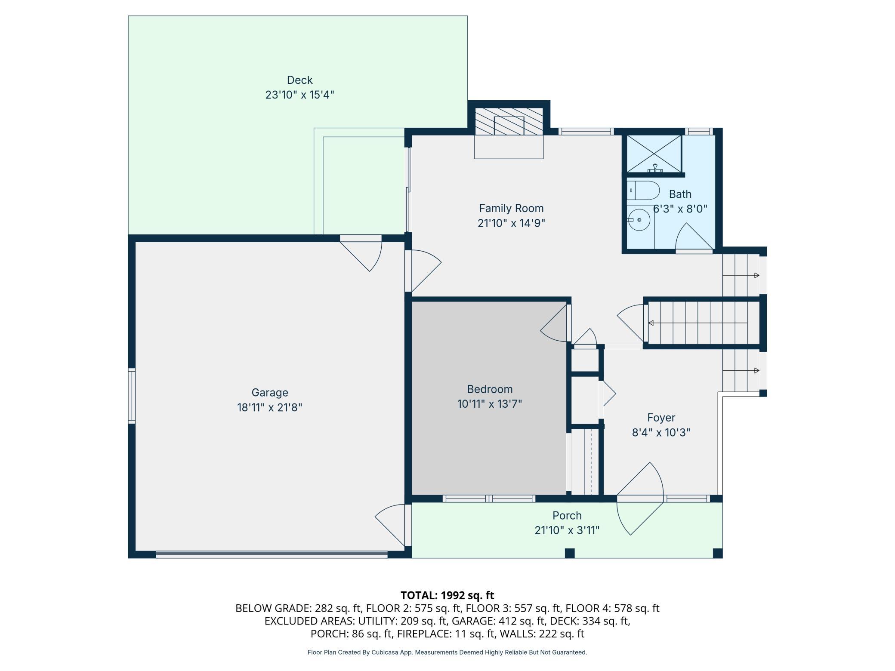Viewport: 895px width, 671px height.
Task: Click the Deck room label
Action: click(x=299, y=80)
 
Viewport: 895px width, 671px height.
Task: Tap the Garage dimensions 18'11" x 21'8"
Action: click(x=270, y=407)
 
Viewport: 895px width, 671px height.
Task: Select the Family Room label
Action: click(x=511, y=208)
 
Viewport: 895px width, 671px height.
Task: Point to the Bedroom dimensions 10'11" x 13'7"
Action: click(x=490, y=404)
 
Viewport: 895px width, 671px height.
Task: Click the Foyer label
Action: click(x=661, y=418)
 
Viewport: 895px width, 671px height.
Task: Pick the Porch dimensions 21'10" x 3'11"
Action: click(x=567, y=530)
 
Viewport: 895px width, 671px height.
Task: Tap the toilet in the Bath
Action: click(x=643, y=191)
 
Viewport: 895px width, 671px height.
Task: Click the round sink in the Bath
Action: click(x=639, y=220)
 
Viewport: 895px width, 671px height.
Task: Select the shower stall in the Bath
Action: click(x=654, y=154)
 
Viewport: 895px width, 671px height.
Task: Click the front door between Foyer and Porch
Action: click(x=640, y=499)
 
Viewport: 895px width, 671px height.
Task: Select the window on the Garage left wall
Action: click(x=132, y=396)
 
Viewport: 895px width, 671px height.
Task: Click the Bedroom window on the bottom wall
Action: click(x=489, y=499)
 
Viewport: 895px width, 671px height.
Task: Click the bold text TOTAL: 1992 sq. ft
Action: click(x=447, y=595)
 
